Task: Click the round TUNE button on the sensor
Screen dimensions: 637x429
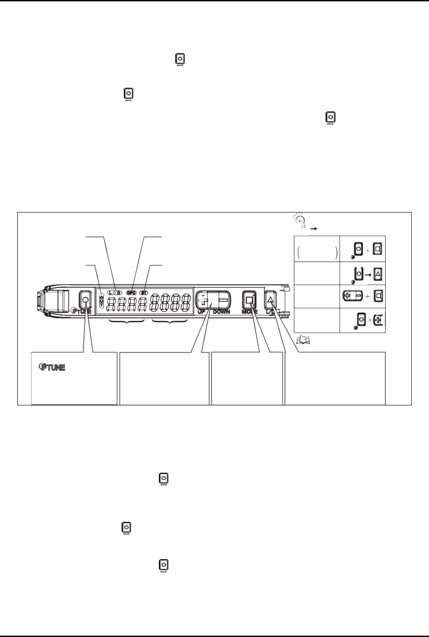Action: [x=85, y=300]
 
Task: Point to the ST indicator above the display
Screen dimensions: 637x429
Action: [x=144, y=293]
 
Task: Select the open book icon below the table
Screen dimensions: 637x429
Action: [x=302, y=339]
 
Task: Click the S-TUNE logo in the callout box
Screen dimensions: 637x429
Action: [x=50, y=367]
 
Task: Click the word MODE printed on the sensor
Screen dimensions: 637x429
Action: [x=250, y=312]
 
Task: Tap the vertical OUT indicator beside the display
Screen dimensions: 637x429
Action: [x=101, y=300]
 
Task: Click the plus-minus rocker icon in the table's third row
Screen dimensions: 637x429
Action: [x=352, y=295]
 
